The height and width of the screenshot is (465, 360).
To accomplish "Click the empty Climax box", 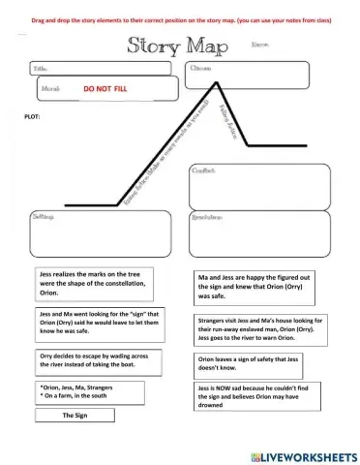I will [248, 74].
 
